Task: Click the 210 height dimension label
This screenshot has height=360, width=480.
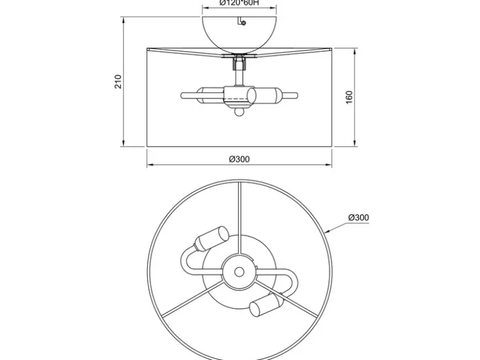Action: click(x=118, y=81)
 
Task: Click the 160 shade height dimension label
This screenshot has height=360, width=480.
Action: click(x=350, y=97)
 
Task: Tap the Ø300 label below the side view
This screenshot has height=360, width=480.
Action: click(x=239, y=159)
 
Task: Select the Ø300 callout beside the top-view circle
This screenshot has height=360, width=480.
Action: click(x=359, y=218)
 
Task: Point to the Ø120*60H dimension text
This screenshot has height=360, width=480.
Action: click(x=239, y=2)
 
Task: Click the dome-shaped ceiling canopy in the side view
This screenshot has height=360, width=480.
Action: click(x=239, y=34)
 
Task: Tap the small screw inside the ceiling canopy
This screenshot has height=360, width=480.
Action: click(x=244, y=23)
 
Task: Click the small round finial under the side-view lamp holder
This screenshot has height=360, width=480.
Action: click(x=239, y=112)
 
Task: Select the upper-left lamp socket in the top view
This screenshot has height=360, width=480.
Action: click(x=212, y=239)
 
